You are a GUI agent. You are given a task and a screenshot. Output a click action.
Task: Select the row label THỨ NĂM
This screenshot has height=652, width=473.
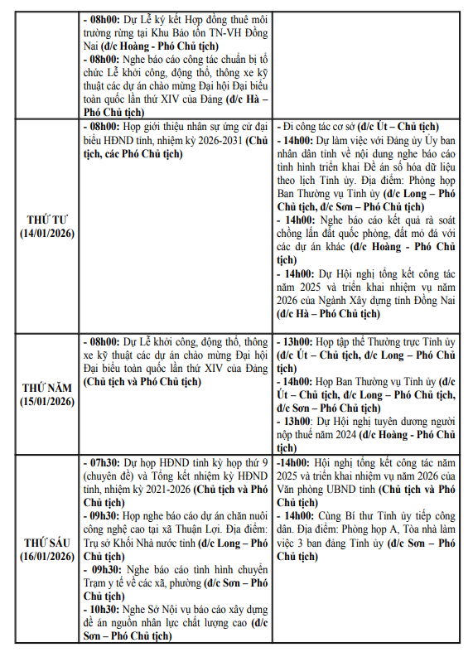[x=48, y=388]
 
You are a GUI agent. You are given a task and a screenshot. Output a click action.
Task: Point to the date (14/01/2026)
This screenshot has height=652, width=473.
[x=48, y=234]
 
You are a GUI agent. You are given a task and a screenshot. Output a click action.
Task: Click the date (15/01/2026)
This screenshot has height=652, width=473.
[x=48, y=402]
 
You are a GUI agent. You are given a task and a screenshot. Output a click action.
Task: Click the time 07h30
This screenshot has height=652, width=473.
[x=104, y=461]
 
